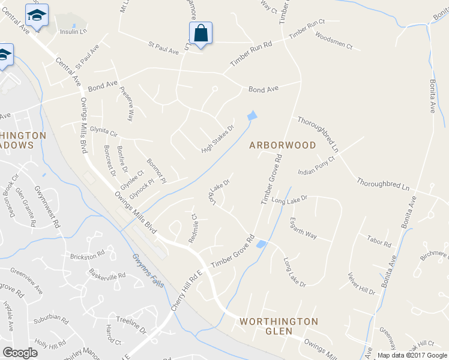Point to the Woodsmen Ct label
point(333,40)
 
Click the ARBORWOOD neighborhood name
point(282,145)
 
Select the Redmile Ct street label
point(193,228)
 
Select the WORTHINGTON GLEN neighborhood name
point(279,326)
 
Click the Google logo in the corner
point(20,352)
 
